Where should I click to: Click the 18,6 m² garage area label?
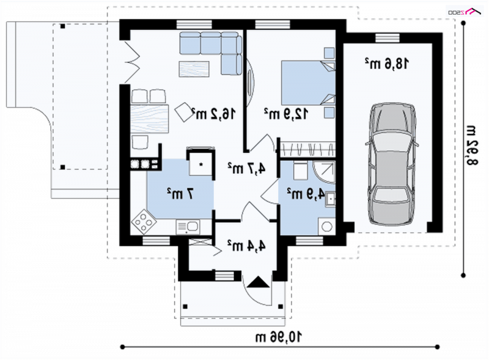pos(386,64)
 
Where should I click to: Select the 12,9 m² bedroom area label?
pos(286,114)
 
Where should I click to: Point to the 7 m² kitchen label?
pos(180,194)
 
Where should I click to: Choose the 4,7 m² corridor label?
pos(246,169)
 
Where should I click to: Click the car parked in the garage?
pos(392,164)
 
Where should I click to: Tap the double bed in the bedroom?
pos(309,83)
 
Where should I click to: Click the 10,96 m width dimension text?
pos(279,337)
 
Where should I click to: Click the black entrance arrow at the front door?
pos(258,282)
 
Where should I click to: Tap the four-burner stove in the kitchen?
pos(144,221)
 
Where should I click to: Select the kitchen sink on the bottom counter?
pos(188,227)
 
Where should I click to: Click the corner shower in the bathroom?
pos(325,172)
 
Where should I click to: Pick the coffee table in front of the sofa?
pos(194,69)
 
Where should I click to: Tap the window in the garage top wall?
pos(388,38)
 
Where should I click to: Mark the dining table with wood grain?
pos(149,119)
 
